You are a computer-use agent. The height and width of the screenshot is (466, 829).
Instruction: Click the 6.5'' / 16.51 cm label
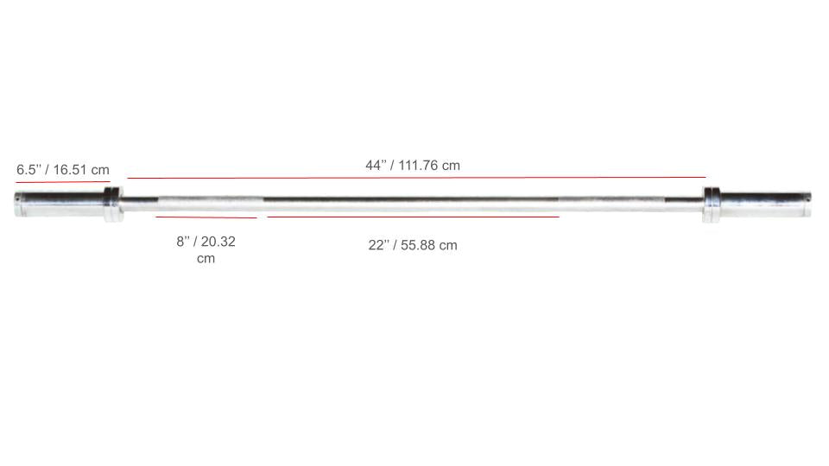pos(63,170)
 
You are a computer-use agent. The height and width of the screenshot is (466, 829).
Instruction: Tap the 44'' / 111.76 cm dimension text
pos(413,165)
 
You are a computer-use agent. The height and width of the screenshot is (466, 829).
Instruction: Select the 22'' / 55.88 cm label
pos(413,245)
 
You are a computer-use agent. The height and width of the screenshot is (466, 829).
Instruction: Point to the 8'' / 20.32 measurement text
pos(206,242)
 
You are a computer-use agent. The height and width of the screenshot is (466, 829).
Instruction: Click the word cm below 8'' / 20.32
pos(206,259)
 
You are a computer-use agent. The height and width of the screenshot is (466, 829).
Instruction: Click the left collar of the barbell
pos(113,205)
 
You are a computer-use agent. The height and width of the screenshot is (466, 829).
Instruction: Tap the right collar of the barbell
pos(711,205)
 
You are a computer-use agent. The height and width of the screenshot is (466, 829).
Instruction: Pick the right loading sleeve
pos(764,205)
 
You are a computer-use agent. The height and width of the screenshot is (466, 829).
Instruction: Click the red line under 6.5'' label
pos(62,183)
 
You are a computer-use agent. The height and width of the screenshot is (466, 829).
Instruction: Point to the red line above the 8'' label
pos(206,217)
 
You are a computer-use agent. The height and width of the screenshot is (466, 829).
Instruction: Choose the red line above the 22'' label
pos(413,217)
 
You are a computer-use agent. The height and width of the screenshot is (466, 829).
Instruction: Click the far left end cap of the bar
pos(18,205)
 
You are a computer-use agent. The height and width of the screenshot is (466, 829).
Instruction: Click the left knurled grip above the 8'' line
pos(206,203)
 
